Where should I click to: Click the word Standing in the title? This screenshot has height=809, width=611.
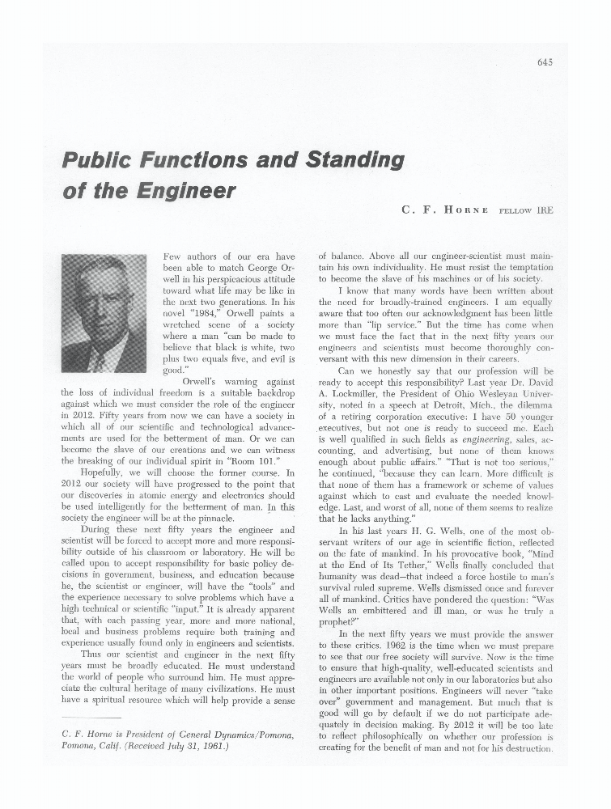coord(352,160)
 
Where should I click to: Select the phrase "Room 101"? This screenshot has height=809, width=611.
coord(253,460)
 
